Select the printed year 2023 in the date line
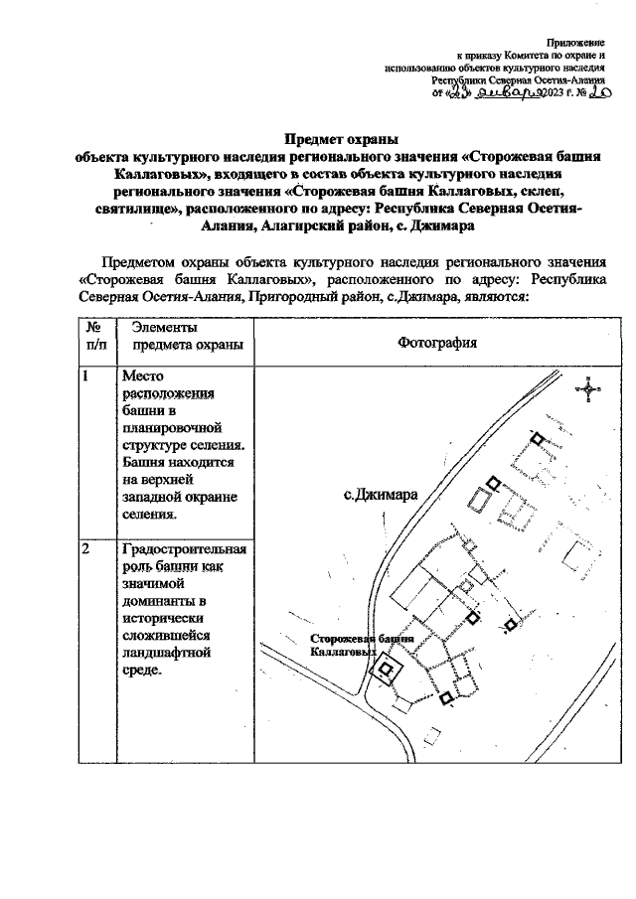point(550,95)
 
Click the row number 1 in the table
point(86,376)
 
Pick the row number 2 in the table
point(86,549)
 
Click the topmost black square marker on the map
point(538,437)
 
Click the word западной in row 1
point(155,497)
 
